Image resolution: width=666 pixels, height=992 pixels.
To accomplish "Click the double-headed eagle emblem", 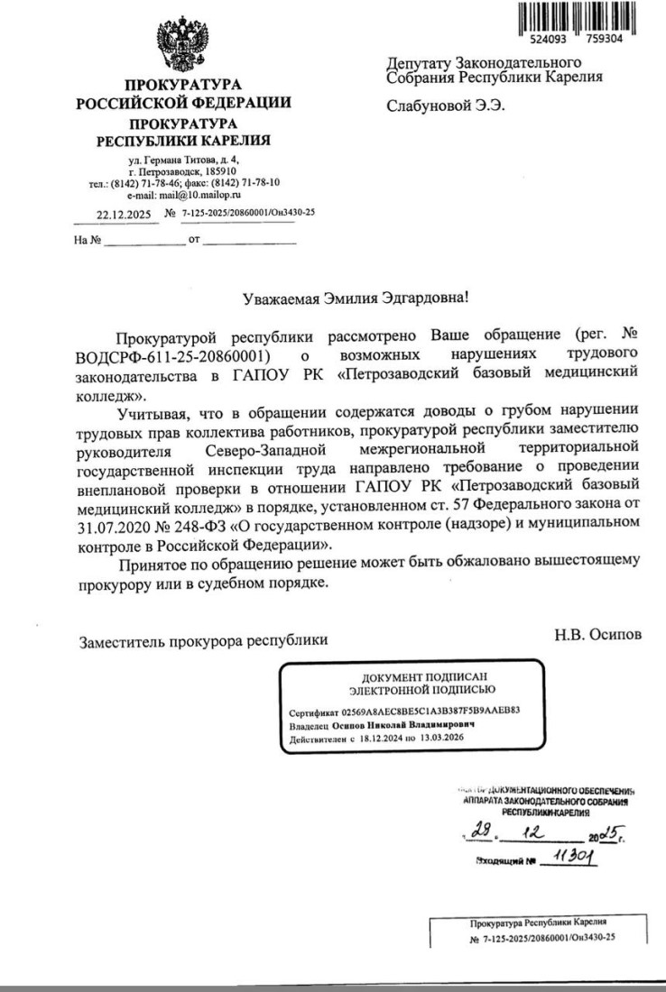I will [x=183, y=41].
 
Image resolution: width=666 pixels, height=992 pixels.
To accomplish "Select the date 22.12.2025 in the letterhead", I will [x=121, y=214].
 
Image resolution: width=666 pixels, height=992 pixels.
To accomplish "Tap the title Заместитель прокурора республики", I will [x=203, y=641].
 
